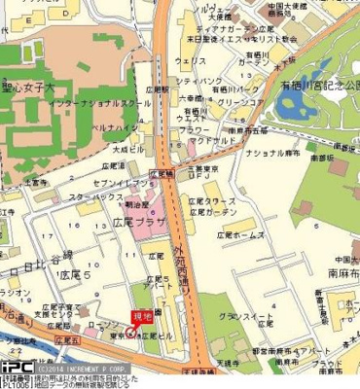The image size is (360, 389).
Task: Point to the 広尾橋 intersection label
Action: point(163,171)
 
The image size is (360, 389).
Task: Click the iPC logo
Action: point(17,369)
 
